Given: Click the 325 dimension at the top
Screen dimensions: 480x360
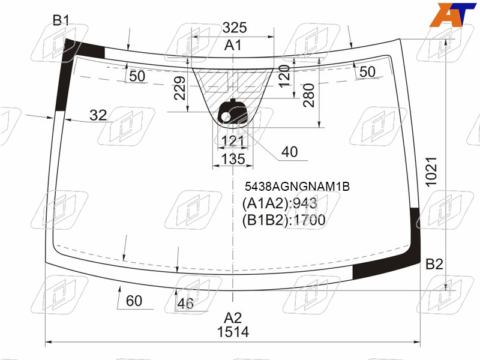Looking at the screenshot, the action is pyautogui.click(x=235, y=28).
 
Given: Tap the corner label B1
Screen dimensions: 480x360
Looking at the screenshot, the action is pyautogui.click(x=61, y=20).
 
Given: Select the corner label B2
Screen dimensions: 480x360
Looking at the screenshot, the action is pyautogui.click(x=434, y=264).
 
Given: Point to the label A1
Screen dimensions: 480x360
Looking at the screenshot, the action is pyautogui.click(x=233, y=46).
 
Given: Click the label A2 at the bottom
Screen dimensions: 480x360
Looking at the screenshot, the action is pyautogui.click(x=233, y=318).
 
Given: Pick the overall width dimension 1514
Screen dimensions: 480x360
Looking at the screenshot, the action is pyautogui.click(x=233, y=332).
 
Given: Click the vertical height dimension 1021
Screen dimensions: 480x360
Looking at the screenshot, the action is pyautogui.click(x=431, y=172).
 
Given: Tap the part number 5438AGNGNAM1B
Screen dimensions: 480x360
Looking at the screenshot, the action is pyautogui.click(x=297, y=187).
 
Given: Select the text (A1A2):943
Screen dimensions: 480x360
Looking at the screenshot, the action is pyautogui.click(x=280, y=203).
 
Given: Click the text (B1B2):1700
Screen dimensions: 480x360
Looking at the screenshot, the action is pyautogui.click(x=284, y=220).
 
